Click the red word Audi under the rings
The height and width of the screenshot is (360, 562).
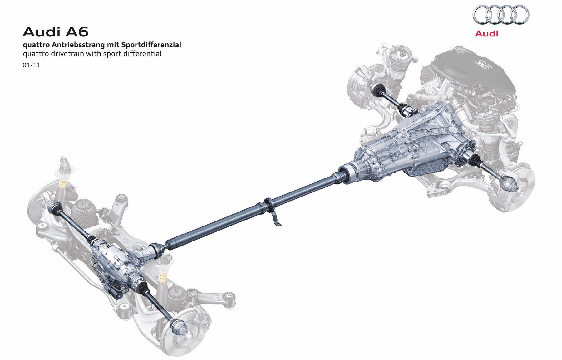[x=486, y=33]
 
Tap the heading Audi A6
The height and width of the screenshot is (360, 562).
[x=56, y=32]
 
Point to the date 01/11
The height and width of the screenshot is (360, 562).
[x=32, y=66]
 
